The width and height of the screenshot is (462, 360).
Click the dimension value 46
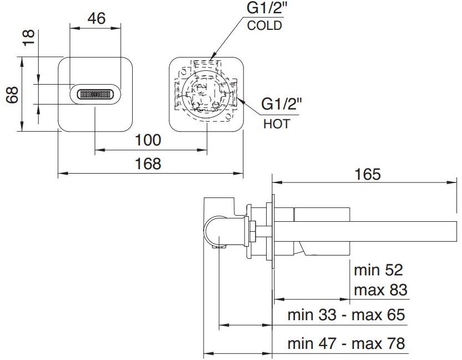click(x=96, y=18)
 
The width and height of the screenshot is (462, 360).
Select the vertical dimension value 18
click(x=29, y=37)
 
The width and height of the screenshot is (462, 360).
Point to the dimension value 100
click(x=148, y=140)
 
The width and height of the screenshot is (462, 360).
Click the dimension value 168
click(x=148, y=164)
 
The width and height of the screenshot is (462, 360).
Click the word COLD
click(x=264, y=25)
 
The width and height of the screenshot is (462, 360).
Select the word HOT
click(x=276, y=124)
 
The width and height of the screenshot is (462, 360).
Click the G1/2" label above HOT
click(x=282, y=105)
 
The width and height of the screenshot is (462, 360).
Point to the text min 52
click(x=378, y=270)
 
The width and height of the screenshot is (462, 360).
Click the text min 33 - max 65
click(x=346, y=315)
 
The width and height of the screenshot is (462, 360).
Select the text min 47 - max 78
click(x=346, y=343)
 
